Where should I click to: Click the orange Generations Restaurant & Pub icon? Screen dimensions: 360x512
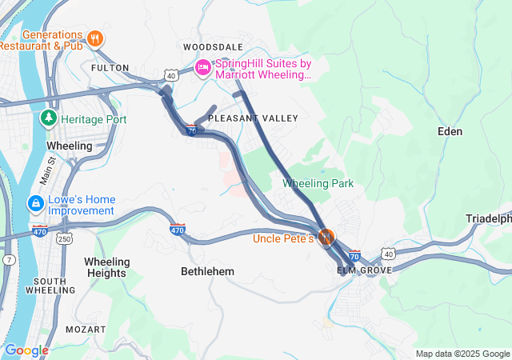point(95,38)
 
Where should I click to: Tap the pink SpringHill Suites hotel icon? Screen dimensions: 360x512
point(203,67)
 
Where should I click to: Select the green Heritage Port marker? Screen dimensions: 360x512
point(49,119)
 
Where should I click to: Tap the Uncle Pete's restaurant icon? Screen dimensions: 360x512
point(326,238)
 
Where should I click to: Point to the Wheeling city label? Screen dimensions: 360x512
point(70,146)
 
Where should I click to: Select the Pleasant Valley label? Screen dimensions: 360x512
point(253,118)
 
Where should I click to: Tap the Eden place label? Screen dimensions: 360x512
point(450,130)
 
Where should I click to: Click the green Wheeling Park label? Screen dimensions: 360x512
point(318,184)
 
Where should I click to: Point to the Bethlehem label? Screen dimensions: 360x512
point(207,271)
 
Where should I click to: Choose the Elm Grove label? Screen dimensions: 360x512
point(364,270)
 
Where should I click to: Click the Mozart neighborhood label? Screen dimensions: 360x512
point(85,329)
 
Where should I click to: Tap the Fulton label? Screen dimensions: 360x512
point(110,68)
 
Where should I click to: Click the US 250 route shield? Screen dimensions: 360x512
point(65,239)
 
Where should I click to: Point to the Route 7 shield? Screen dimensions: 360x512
point(8,261)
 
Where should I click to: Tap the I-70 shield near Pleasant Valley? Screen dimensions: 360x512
point(191,130)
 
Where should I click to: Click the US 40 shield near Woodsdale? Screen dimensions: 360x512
point(171,75)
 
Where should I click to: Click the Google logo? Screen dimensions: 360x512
point(26,350)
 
